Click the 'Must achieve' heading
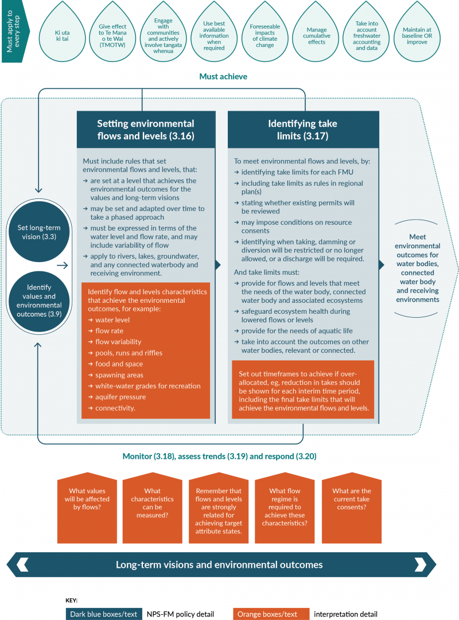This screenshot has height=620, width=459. coord(223,76)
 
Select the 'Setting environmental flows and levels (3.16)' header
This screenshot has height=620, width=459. coord(146,130)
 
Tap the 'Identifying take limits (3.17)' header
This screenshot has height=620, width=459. coord(302,130)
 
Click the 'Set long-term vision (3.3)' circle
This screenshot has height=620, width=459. coord(35,232)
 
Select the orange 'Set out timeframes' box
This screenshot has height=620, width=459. coord(302,389)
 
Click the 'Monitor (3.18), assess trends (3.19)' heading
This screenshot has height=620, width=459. coord(219,457)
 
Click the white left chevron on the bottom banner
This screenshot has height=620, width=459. coord(22,564)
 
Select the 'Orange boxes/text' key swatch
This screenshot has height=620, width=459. coord(271,614)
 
